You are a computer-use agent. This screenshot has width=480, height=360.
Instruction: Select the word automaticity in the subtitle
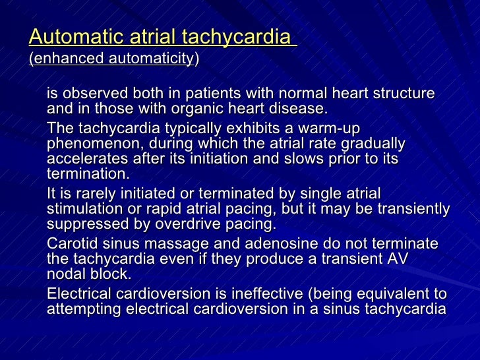tap(150, 59)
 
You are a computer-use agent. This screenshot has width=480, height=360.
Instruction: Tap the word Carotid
tap(72, 244)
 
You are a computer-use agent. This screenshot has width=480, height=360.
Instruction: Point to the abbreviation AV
tap(398, 260)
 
